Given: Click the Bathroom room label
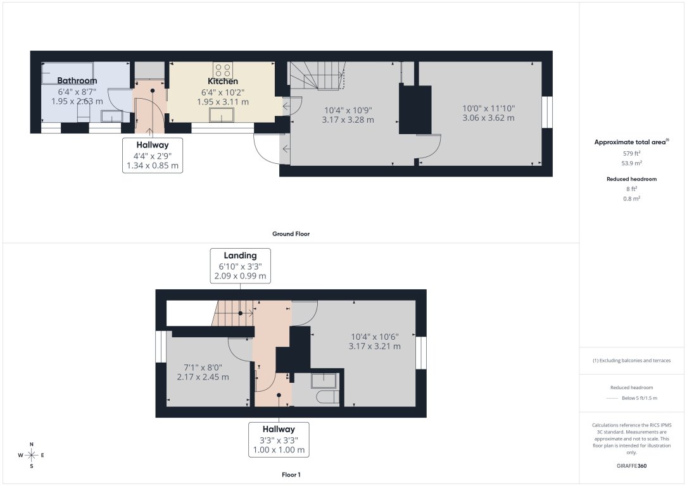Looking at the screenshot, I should [77, 80].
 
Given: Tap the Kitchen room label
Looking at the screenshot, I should [223, 81].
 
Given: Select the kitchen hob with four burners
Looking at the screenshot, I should [222, 69].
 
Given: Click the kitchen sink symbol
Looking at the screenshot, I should [222, 115].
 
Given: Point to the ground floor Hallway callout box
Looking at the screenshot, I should [152, 156].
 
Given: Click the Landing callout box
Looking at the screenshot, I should [240, 266].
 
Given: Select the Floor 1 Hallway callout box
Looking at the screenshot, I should [279, 439].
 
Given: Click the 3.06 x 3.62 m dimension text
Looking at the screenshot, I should [488, 118].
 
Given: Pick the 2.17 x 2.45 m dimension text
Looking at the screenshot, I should [203, 377].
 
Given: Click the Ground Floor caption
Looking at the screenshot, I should [291, 234].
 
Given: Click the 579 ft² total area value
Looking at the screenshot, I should [633, 153].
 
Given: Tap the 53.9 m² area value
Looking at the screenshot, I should [633, 162].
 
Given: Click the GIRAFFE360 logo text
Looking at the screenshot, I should [632, 466].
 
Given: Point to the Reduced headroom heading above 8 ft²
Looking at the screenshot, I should [632, 179].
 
